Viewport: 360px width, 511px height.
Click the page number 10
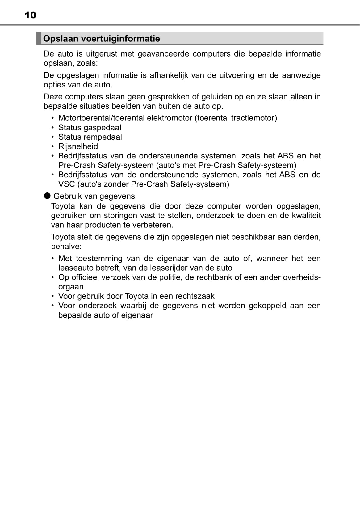click(30, 15)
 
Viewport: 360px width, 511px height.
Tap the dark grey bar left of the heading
click(39, 38)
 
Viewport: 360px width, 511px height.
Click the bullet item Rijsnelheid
click(78, 146)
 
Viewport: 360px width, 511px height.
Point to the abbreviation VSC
click(66, 184)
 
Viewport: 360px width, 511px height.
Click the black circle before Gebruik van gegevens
click(47, 196)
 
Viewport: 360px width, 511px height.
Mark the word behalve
click(66, 247)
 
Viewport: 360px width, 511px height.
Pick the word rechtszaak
click(195, 296)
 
